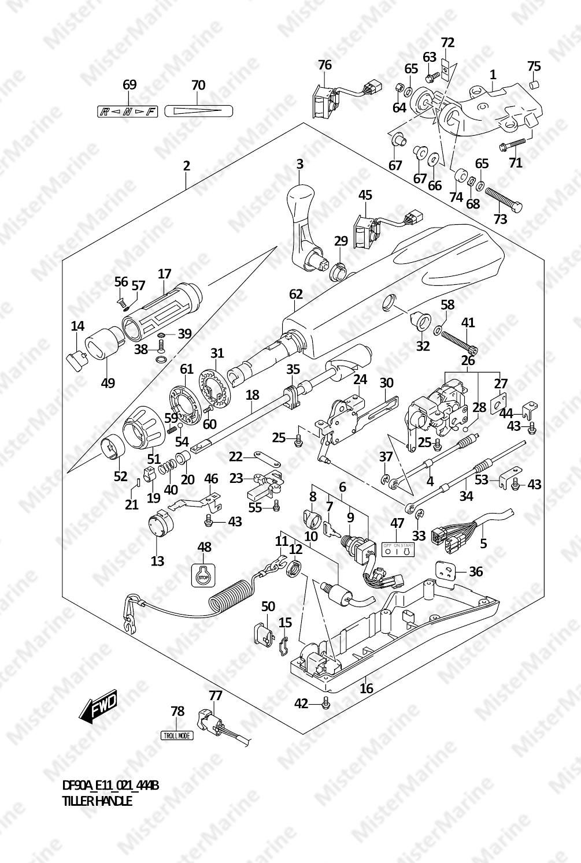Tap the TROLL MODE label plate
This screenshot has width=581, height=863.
tap(177, 735)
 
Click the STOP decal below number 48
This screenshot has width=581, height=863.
tap(202, 575)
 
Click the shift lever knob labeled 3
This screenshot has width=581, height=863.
tap(303, 208)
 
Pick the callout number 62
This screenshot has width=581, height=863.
tap(295, 294)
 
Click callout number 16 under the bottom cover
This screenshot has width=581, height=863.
tap(367, 688)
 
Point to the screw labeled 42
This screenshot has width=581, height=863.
tap(326, 704)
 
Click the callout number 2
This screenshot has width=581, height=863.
tap(186, 166)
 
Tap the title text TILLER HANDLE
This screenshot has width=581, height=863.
tap(97, 801)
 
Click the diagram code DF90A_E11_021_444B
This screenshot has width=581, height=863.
tap(110, 786)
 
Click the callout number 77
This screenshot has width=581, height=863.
tap(215, 695)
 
